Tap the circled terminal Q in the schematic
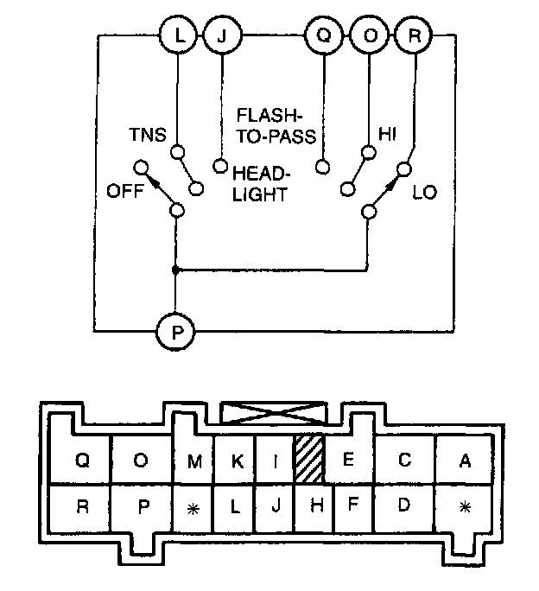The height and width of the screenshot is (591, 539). (x=323, y=36)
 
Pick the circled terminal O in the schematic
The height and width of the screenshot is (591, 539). (x=368, y=36)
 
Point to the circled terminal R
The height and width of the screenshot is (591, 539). (x=412, y=36)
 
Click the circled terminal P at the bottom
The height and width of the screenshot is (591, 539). (x=175, y=330)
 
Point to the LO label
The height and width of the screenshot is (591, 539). (x=425, y=190)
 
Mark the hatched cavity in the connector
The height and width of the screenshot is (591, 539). (x=308, y=460)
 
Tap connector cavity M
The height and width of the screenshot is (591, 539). (x=195, y=461)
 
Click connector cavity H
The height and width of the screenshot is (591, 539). (x=316, y=505)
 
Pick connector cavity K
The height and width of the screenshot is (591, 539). (x=236, y=461)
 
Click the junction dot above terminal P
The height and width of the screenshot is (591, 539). (x=175, y=270)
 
